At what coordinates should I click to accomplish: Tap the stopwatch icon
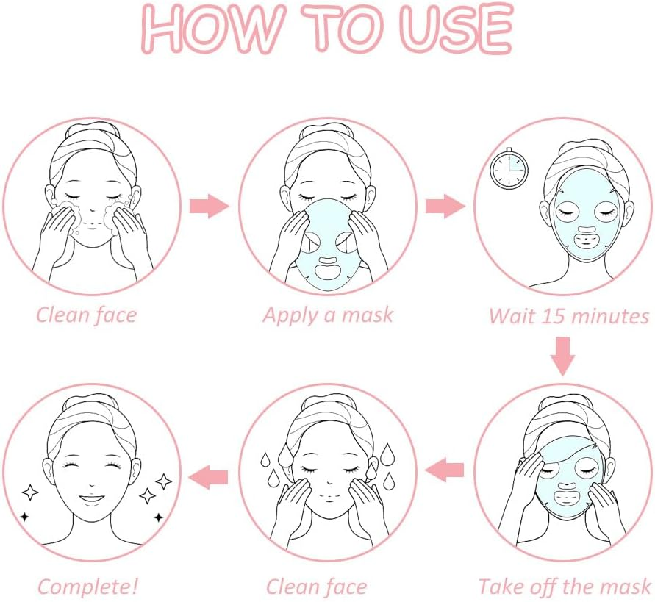click(509, 168)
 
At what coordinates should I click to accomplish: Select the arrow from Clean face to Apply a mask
click(210, 207)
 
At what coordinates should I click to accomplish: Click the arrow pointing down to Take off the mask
click(563, 355)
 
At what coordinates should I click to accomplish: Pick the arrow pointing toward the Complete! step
click(209, 476)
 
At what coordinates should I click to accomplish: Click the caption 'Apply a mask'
click(328, 315)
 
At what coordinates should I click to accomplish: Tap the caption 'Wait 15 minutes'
click(569, 316)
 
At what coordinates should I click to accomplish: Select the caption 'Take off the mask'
click(564, 586)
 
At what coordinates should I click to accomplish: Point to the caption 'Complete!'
click(87, 587)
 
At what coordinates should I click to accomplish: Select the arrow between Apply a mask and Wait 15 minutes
click(445, 207)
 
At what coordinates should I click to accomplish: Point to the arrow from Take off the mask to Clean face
click(445, 469)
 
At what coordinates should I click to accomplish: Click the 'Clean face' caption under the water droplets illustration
click(316, 587)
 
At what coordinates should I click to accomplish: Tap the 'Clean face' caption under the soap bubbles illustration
click(86, 316)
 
